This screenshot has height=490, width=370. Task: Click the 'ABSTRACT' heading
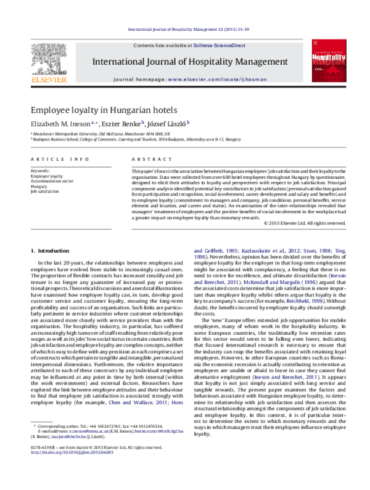click(x=146, y=159)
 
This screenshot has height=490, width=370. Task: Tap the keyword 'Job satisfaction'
click(x=45, y=191)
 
